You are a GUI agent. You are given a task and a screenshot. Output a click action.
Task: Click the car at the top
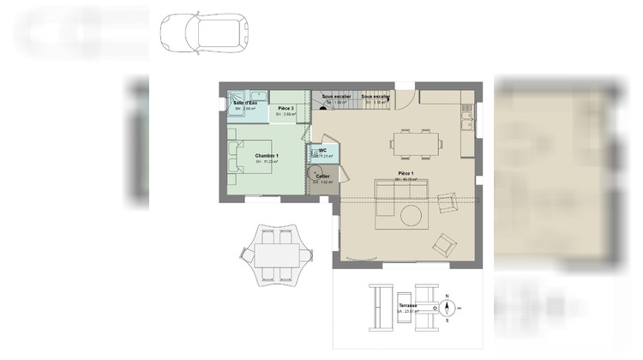[x=204, y=33]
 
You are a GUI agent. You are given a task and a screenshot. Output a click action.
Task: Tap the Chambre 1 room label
[x=267, y=155]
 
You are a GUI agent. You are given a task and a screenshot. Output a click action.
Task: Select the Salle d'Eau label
[x=244, y=104]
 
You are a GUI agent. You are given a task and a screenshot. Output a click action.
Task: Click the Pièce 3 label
[x=286, y=108]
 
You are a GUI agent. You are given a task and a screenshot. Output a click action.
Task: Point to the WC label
[x=322, y=150]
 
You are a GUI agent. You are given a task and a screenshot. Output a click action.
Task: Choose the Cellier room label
[x=322, y=176]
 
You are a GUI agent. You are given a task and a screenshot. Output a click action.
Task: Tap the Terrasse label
[x=407, y=306]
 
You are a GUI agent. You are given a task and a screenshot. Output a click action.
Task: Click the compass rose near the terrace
[x=448, y=306]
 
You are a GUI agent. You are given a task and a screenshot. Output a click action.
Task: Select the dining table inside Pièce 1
[x=416, y=142]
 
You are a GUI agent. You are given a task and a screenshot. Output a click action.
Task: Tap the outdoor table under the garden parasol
[x=276, y=255]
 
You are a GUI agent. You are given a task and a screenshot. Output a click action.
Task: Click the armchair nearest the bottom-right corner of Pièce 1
[x=445, y=245]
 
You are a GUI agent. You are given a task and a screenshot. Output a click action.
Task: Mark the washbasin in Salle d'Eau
[x=257, y=93]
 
